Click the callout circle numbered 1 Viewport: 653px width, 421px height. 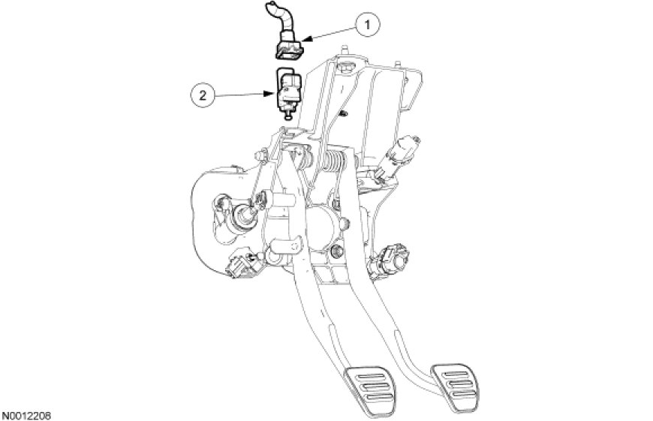point(367,25)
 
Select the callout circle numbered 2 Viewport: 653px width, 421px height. point(203,96)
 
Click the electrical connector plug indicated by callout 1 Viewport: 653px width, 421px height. point(290,47)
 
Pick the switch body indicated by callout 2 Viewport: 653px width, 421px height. point(288,90)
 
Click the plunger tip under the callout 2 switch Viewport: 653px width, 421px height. point(287,116)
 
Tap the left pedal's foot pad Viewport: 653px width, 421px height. point(369,390)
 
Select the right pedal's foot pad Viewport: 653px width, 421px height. point(455,383)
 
